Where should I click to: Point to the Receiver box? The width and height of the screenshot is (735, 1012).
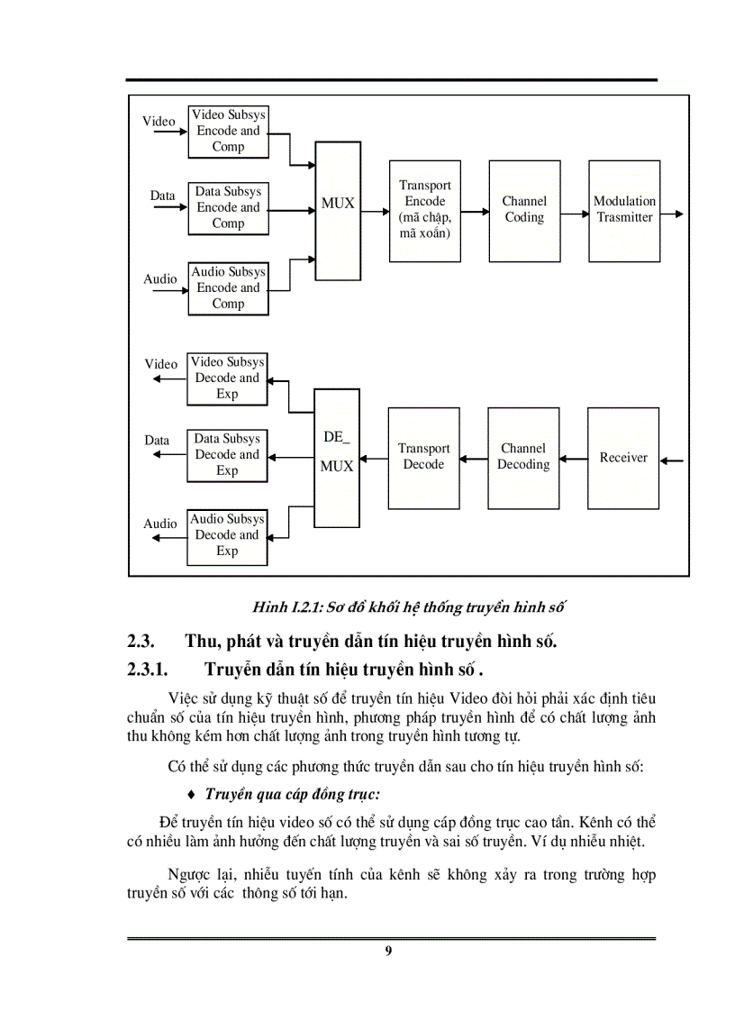pyautogui.click(x=623, y=458)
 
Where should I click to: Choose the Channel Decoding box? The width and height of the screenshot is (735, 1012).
pyautogui.click(x=523, y=458)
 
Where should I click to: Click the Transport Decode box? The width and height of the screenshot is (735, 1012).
pyautogui.click(x=423, y=458)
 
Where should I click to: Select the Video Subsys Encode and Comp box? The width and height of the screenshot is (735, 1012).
pyautogui.click(x=228, y=131)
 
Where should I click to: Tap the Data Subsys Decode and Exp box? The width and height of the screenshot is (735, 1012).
pyautogui.click(x=227, y=454)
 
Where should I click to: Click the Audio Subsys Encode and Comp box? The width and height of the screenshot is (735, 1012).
pyautogui.click(x=228, y=288)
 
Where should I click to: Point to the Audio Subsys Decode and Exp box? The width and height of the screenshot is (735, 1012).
pyautogui.click(x=227, y=535)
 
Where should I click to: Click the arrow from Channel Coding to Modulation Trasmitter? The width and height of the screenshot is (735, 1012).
pyautogui.click(x=574, y=216)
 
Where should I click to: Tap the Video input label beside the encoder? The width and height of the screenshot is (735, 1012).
pyautogui.click(x=159, y=122)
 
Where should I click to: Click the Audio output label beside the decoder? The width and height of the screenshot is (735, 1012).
pyautogui.click(x=160, y=524)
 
